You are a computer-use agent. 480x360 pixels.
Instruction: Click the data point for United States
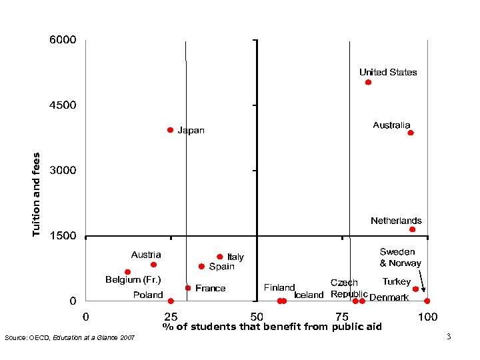[368, 83]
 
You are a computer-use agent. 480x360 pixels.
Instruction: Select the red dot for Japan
[171, 130]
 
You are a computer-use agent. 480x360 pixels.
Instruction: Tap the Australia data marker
[411, 133]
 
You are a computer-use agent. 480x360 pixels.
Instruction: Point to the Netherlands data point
[412, 229]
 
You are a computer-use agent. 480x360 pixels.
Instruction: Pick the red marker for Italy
[219, 257]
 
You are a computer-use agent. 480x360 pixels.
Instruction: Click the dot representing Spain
[201, 266]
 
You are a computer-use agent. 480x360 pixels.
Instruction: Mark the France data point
[188, 288]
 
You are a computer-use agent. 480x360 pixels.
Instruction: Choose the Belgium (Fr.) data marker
[127, 272]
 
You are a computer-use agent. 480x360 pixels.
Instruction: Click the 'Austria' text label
[146, 255]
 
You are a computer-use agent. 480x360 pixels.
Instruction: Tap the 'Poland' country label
[148, 295]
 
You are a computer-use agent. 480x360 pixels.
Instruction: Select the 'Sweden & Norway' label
[400, 257]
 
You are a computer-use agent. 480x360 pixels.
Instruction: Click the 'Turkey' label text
[396, 282]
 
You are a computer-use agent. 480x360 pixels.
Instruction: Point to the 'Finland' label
[279, 288]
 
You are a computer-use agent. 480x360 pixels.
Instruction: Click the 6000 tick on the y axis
[63, 40]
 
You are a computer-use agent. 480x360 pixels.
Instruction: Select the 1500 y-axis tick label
[63, 236]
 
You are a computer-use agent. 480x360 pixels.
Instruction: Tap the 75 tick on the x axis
[342, 315]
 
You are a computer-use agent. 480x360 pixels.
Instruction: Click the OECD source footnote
[69, 338]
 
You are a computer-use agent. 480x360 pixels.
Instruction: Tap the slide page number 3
[449, 337]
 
